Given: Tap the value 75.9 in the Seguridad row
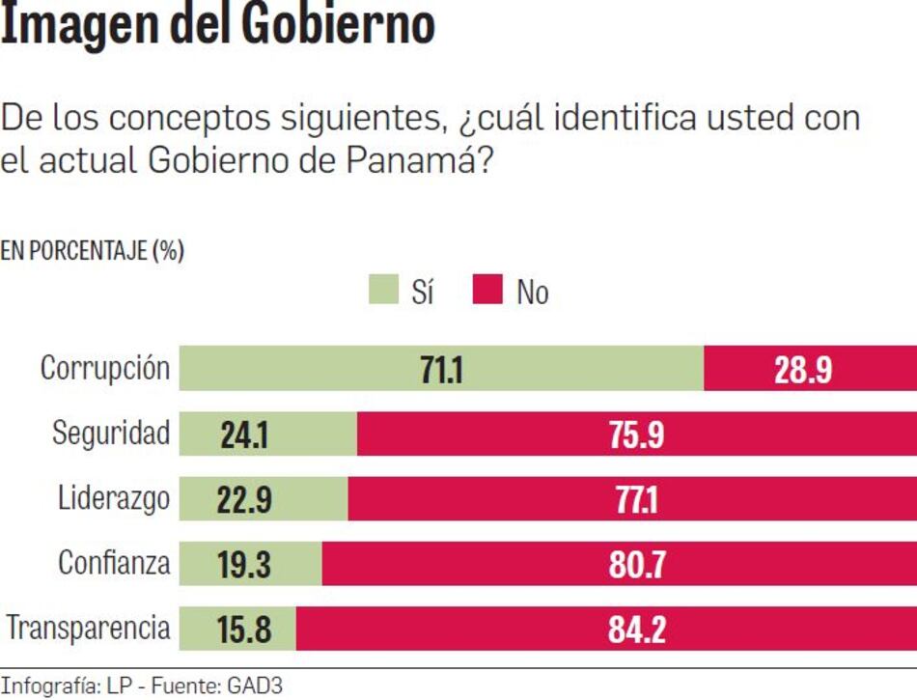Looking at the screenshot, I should click(x=636, y=434).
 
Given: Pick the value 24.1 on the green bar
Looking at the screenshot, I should click(x=243, y=434).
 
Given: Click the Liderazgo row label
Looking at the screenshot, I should click(x=114, y=498).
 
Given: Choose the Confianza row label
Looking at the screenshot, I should click(x=114, y=562).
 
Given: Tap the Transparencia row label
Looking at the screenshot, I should click(x=89, y=628).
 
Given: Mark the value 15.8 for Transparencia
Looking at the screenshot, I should click(x=243, y=629).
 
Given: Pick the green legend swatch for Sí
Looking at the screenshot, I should click(x=383, y=291).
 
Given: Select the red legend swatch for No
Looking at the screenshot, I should click(x=487, y=291).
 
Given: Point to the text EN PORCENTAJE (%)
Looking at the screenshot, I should click(x=92, y=251).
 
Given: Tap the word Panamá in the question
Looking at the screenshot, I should click(x=419, y=160).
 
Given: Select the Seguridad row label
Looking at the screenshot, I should click(x=111, y=434).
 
